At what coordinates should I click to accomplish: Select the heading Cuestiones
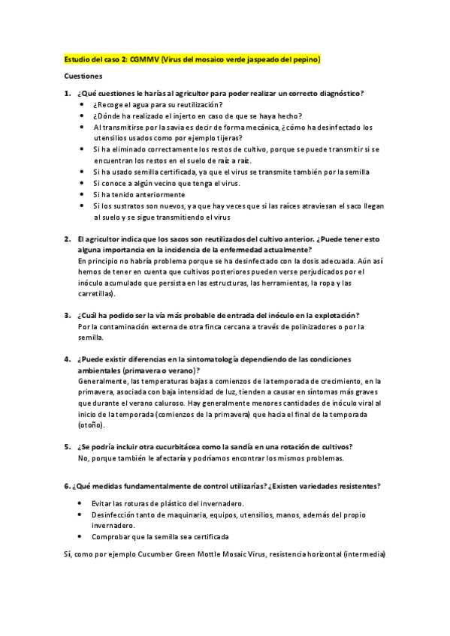coord(82,76)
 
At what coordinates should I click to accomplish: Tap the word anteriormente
coord(156,194)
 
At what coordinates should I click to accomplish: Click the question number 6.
coord(67,486)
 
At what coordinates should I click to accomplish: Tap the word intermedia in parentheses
coord(364,555)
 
